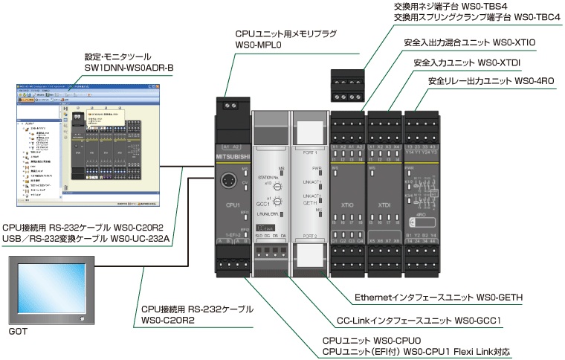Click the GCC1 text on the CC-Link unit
point(262,202)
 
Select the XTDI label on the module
point(385,204)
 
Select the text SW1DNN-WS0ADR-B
point(129,68)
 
